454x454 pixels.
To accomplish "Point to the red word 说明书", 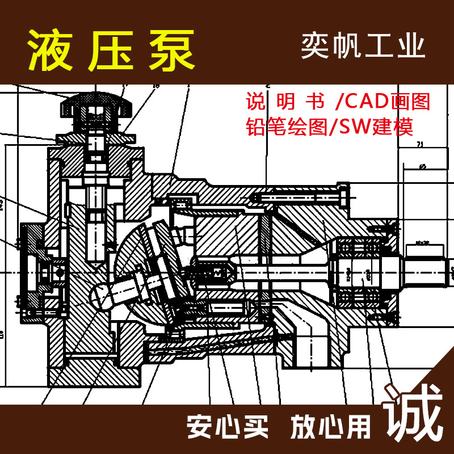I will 285,102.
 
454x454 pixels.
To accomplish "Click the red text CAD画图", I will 386,102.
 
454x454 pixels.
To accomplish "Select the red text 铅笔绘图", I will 287,126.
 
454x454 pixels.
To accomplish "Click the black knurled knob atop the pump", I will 97,107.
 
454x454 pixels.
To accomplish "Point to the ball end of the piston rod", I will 102,296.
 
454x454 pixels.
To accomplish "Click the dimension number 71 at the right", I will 421,145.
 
